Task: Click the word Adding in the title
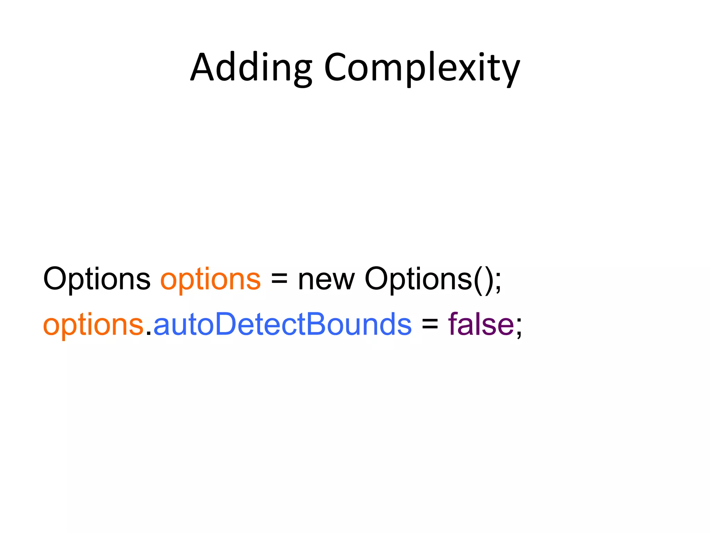pyautogui.click(x=251, y=68)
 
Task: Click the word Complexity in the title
pyautogui.click(x=422, y=68)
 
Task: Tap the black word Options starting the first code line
pyautogui.click(x=97, y=279)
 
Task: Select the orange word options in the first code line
pyautogui.click(x=210, y=280)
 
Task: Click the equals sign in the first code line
pyautogui.click(x=279, y=280)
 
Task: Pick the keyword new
pyautogui.click(x=326, y=280)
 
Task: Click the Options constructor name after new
pyautogui.click(x=418, y=279)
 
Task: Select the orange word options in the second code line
pyautogui.click(x=93, y=325)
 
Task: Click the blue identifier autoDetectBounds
pyautogui.click(x=282, y=324)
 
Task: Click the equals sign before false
pyautogui.click(x=430, y=325)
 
